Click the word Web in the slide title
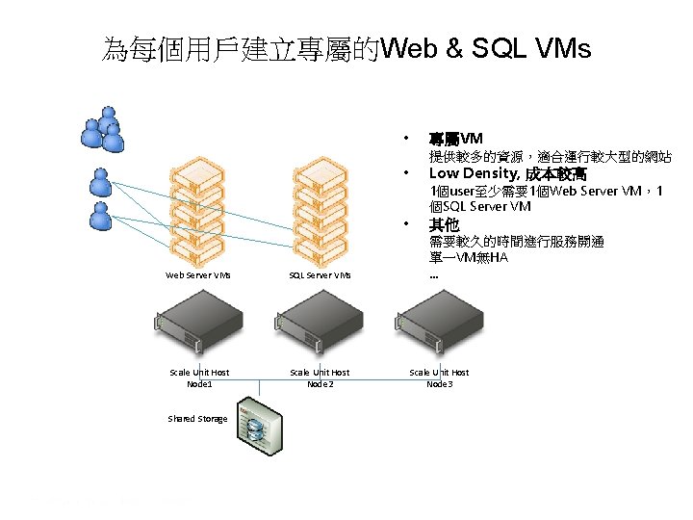404,48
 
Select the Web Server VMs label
198,275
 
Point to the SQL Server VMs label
321,275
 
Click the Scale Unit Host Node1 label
199,377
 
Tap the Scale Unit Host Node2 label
321,377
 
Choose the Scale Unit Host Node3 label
439,377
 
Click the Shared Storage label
197,419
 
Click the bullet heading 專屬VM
456,138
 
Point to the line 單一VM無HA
469,257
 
